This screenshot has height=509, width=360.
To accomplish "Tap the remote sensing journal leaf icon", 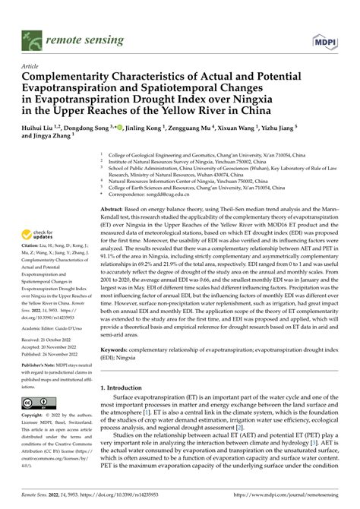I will [31, 36].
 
